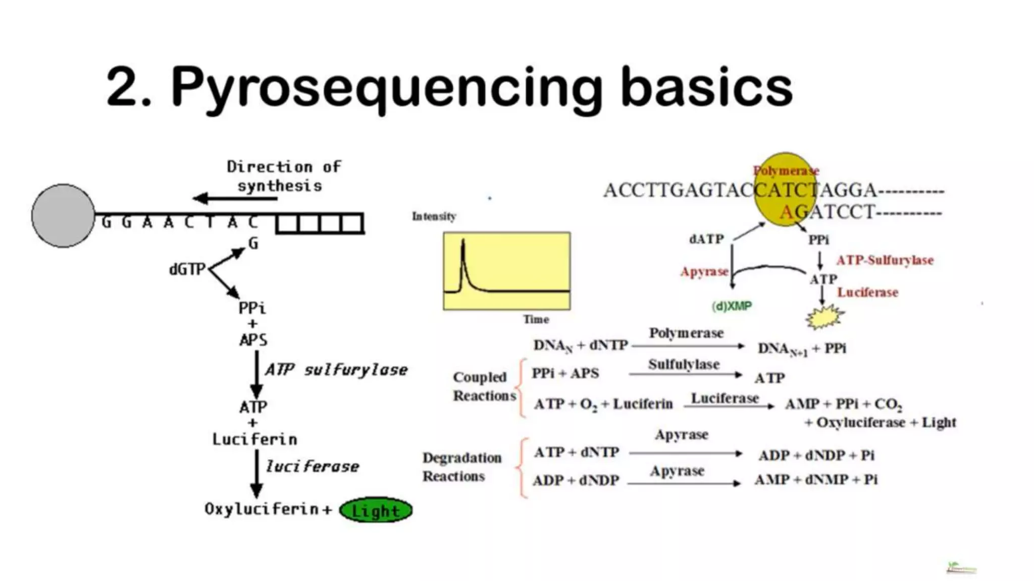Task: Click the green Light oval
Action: pyautogui.click(x=376, y=510)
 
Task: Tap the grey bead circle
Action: pyautogui.click(x=63, y=215)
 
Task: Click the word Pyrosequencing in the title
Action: pyautogui.click(x=386, y=88)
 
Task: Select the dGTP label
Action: pyautogui.click(x=187, y=269)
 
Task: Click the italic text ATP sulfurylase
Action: pyautogui.click(x=336, y=370)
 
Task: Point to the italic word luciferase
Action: pyautogui.click(x=313, y=467)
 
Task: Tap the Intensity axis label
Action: pyautogui.click(x=434, y=216)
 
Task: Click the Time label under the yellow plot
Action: pyautogui.click(x=536, y=319)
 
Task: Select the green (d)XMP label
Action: pyautogui.click(x=732, y=306)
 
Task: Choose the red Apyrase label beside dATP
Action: pyautogui.click(x=704, y=272)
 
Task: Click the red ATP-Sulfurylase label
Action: pyautogui.click(x=885, y=260)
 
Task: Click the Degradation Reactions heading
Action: pyautogui.click(x=461, y=467)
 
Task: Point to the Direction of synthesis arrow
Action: pyautogui.click(x=235, y=198)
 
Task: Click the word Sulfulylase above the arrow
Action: pyautogui.click(x=684, y=364)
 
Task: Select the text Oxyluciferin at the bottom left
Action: pyautogui.click(x=261, y=509)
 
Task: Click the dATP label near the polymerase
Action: pyautogui.click(x=706, y=239)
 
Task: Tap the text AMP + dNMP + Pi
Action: pyautogui.click(x=816, y=480)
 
